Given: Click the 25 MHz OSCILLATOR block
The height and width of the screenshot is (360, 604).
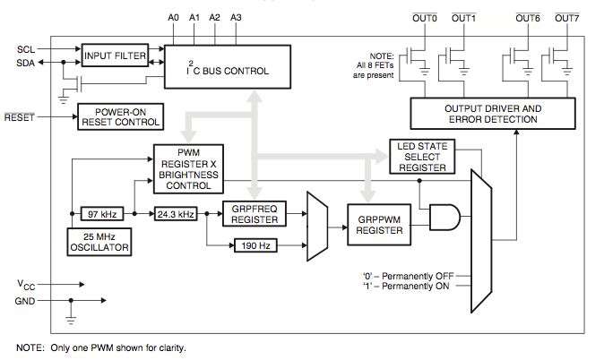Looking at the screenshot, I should click(x=99, y=242).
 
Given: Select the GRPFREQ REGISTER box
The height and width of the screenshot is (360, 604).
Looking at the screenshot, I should click(x=252, y=215).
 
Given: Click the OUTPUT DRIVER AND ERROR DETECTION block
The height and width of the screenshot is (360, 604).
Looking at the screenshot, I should click(x=493, y=114).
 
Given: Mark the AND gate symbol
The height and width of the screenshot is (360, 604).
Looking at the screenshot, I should click(x=444, y=216).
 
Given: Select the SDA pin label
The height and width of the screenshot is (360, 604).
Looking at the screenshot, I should click(x=26, y=62).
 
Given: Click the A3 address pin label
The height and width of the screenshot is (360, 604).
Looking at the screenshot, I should click(x=236, y=18).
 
